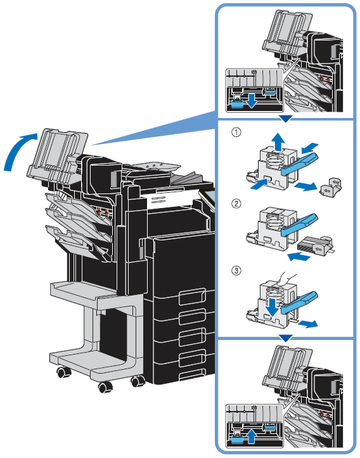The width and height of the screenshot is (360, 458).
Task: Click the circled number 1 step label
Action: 236,133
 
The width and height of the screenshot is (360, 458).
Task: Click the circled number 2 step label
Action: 236,203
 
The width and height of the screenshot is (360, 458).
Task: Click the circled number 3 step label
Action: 236,270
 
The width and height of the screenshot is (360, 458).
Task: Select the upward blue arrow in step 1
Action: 279,142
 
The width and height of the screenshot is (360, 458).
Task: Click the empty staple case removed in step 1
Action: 331,187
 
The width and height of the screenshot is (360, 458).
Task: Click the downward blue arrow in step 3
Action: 272,306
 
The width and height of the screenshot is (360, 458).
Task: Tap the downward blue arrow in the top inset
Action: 251,100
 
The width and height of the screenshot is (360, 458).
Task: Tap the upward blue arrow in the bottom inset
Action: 251,437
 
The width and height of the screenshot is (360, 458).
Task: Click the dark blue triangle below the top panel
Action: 285,119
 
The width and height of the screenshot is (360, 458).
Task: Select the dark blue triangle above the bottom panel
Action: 285,338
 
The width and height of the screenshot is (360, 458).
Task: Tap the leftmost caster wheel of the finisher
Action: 63,372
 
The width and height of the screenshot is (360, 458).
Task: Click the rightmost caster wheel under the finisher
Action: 138,381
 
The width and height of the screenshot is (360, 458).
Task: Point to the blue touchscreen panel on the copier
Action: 208,198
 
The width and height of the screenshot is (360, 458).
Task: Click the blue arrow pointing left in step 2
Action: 299,258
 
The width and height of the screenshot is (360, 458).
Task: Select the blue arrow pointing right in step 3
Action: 309,324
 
